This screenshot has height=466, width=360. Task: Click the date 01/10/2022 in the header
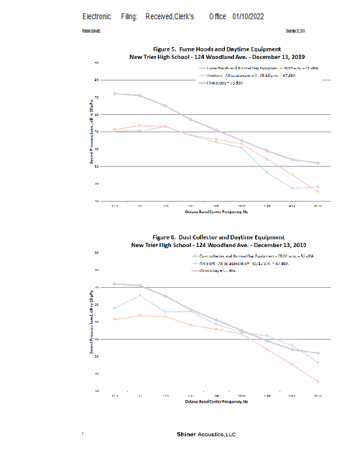point(248,16)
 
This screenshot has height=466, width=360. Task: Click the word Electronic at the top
point(97,16)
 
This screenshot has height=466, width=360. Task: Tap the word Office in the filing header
point(218,16)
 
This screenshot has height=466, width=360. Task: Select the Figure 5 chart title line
point(217,49)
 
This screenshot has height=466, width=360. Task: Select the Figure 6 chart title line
point(218,237)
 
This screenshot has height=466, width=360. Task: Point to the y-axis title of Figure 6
point(91,329)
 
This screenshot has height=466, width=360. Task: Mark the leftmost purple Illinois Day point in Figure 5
point(114,93)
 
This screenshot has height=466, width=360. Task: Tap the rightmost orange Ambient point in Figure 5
point(317,192)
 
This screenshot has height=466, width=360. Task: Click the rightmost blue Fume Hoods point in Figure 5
point(317,187)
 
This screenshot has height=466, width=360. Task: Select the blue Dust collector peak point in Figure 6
point(140,295)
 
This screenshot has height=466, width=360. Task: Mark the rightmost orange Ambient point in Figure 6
point(317,382)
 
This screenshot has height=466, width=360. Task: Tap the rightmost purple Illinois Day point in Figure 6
point(317,353)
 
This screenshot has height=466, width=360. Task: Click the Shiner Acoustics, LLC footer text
point(206,435)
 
